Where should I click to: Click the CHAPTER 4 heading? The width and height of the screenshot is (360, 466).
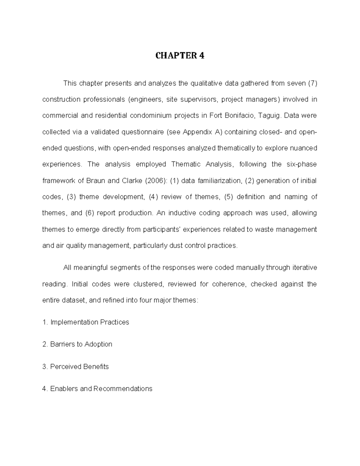pyautogui.click(x=180, y=56)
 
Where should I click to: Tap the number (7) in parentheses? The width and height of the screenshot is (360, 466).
pyautogui.click(x=312, y=83)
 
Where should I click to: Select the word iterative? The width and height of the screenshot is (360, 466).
pyautogui.click(x=304, y=268)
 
